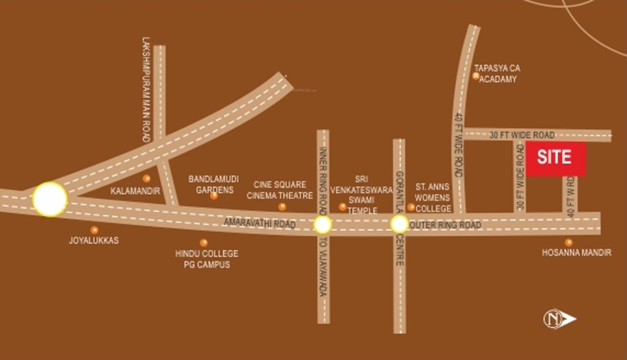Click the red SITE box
click(x=556, y=158)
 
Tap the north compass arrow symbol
click(x=560, y=318)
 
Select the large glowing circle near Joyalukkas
click(x=50, y=199)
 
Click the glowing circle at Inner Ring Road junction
click(x=323, y=224)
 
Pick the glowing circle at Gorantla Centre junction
click(x=399, y=224)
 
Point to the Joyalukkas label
click(x=94, y=240)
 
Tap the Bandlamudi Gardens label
click(x=214, y=184)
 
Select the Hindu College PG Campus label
click(x=207, y=259)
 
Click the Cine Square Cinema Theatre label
click(x=280, y=190)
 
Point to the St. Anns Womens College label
click(x=433, y=197)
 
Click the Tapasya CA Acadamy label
click(x=498, y=73)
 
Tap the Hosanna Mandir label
click(x=576, y=252)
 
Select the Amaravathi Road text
click(x=260, y=224)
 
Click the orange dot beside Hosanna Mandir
click(x=568, y=242)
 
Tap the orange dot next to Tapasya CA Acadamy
click(x=476, y=76)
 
